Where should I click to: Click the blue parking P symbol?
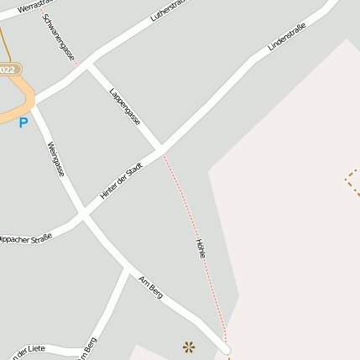pyautogui.click(x=23, y=123)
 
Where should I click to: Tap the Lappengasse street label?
pyautogui.click(x=125, y=107)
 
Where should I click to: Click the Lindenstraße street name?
pyautogui.click(x=286, y=39)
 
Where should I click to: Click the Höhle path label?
pyautogui.click(x=201, y=248)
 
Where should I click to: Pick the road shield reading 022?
pyautogui.click(x=8, y=70)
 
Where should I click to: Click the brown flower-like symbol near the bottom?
pyautogui.click(x=189, y=345)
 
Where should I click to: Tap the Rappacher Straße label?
pyautogui.click(x=25, y=237)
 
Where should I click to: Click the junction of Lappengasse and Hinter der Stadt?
pyautogui.click(x=159, y=151)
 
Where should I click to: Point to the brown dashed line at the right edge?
pyautogui.click(x=352, y=180)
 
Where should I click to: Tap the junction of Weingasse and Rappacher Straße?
pyautogui.click(x=82, y=216)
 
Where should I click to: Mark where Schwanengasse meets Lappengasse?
pyautogui.click(x=86, y=64)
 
